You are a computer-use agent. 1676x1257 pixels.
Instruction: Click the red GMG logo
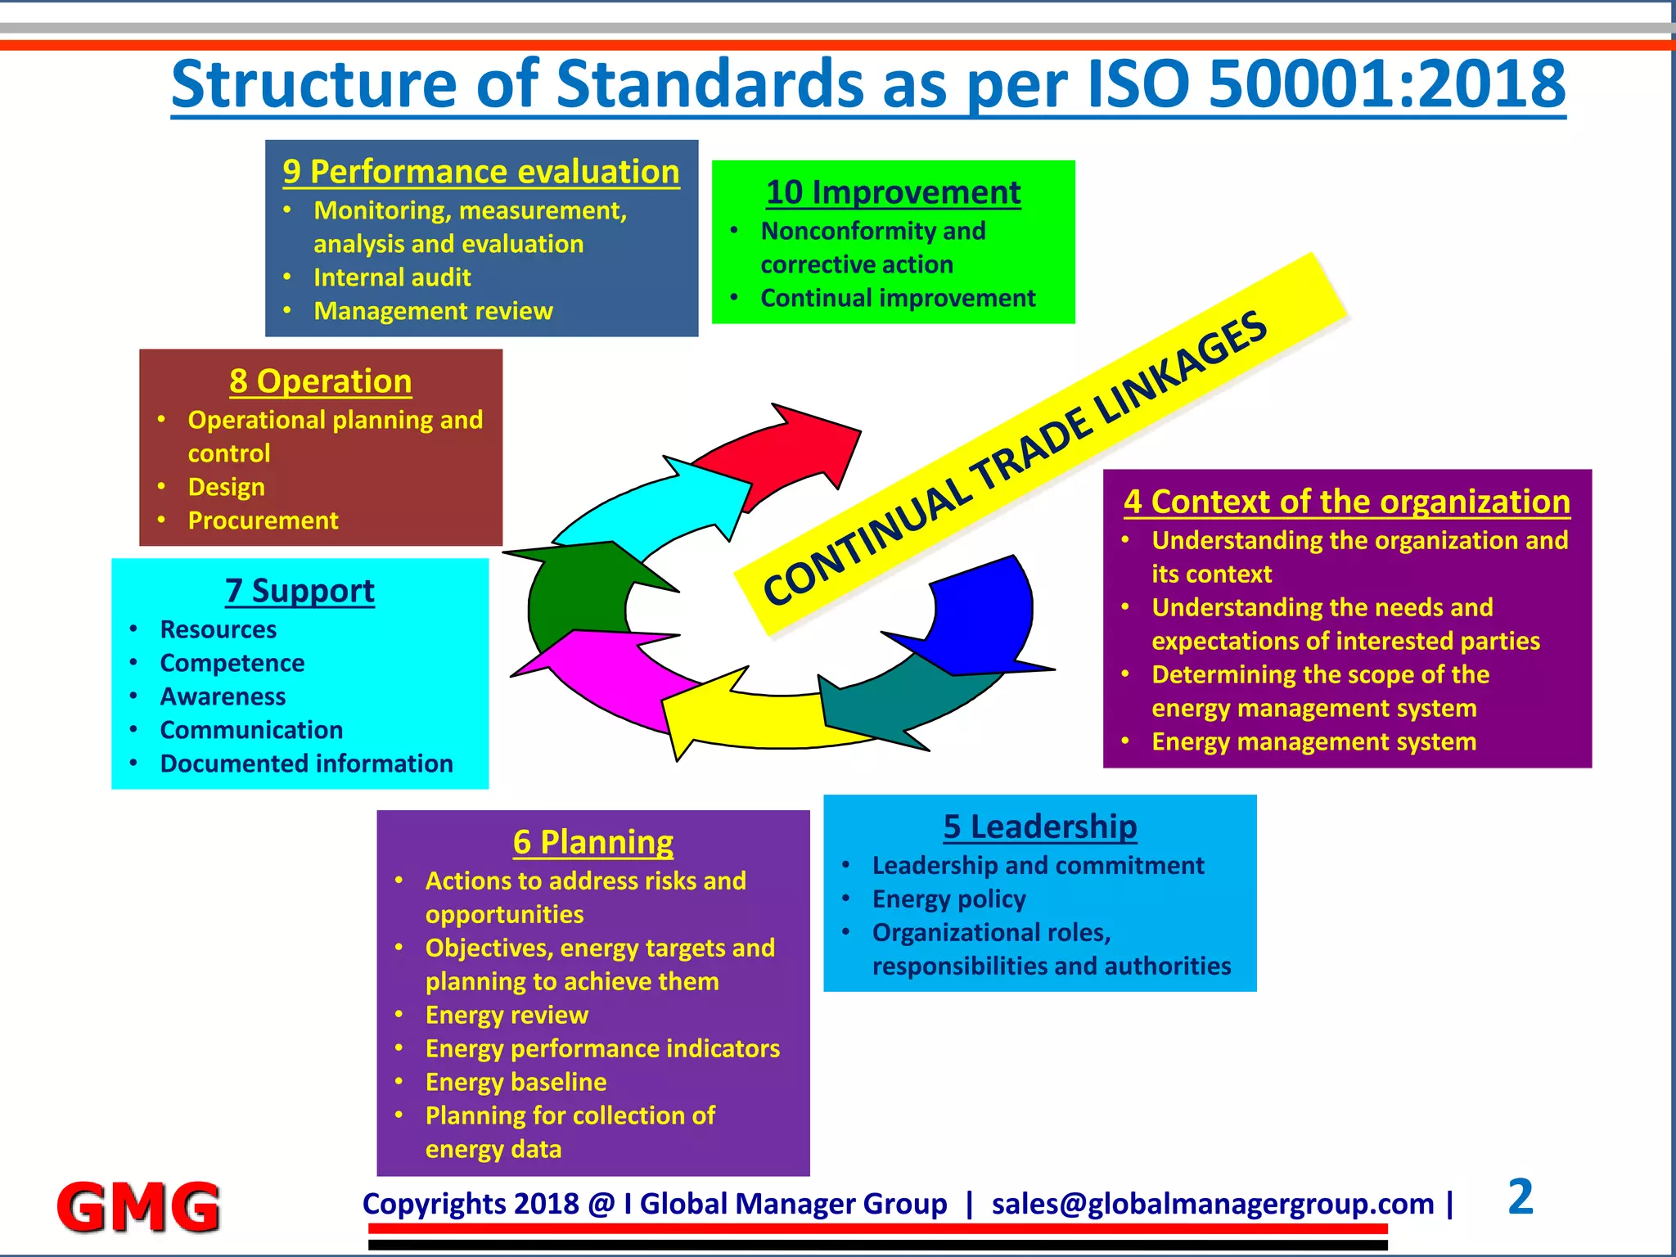pyautogui.click(x=138, y=1206)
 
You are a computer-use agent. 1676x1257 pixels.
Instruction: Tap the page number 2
pyautogui.click(x=1520, y=1197)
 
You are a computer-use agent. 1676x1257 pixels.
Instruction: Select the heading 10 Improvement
pyautogui.click(x=893, y=192)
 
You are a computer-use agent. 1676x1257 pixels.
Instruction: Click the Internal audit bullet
pyautogui.click(x=392, y=277)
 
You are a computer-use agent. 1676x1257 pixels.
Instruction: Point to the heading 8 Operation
pyautogui.click(x=320, y=381)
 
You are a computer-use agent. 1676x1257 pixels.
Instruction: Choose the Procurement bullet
pyautogui.click(x=263, y=520)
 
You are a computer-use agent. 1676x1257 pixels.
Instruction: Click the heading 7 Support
pyautogui.click(x=300, y=591)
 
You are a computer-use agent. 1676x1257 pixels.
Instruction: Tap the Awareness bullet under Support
pyautogui.click(x=223, y=696)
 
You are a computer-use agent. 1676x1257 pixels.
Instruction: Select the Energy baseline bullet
pyautogui.click(x=516, y=1082)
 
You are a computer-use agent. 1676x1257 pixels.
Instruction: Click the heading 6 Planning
pyautogui.click(x=593, y=842)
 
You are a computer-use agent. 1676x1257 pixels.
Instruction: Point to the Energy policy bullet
pyautogui.click(x=948, y=899)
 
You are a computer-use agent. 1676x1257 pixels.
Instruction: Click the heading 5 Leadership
pyautogui.click(x=1039, y=827)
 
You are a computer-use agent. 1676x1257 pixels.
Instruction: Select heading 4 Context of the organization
pyautogui.click(x=1347, y=502)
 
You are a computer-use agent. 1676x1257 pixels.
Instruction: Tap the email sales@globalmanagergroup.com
pyautogui.click(x=1213, y=1204)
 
